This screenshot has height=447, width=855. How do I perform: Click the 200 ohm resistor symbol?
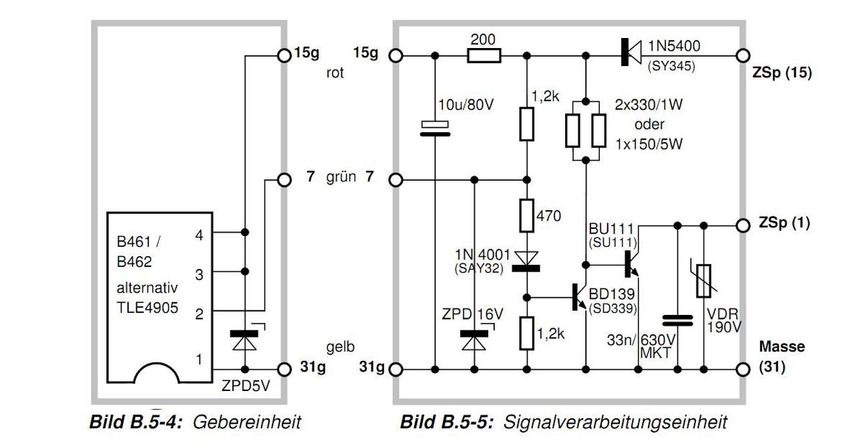pyautogui.click(x=484, y=55)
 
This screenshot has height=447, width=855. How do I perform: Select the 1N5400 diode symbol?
pyautogui.click(x=631, y=52)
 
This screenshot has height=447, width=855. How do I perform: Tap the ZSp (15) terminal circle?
pyautogui.click(x=743, y=55)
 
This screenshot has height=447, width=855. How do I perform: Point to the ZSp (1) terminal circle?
pyautogui.click(x=743, y=226)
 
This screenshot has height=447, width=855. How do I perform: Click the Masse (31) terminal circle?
pyautogui.click(x=743, y=370)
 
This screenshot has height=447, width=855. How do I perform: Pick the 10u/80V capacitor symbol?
pyautogui.click(x=435, y=129)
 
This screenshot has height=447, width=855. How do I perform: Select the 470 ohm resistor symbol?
pyautogui.click(x=527, y=216)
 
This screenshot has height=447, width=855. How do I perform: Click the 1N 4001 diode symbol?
pyautogui.click(x=526, y=262)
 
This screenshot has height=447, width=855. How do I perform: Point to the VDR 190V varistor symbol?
pyautogui.click(x=703, y=281)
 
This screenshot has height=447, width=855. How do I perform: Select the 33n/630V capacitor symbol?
pyautogui.click(x=677, y=321)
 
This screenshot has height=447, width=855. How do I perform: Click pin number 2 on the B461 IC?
pyautogui.click(x=199, y=314)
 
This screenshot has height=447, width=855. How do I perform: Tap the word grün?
pyautogui.click(x=341, y=177)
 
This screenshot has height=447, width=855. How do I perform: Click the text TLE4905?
pyautogui.click(x=148, y=308)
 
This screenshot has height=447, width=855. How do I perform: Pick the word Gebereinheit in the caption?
pyautogui.click(x=247, y=422)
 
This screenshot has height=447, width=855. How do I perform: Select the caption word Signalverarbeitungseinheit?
pyautogui.click(x=615, y=422)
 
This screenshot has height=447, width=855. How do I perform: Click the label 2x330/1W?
pyautogui.click(x=649, y=105)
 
